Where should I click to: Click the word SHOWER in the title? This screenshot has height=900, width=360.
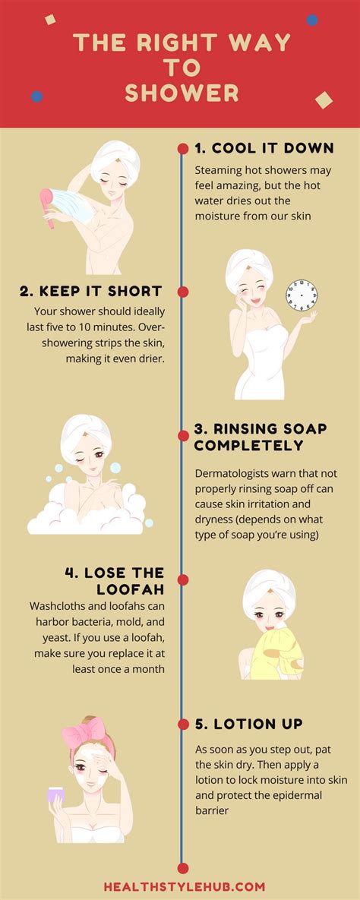(x=182, y=93)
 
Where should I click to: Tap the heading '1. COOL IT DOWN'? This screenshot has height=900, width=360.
(x=264, y=148)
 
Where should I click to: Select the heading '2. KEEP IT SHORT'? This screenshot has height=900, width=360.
(x=90, y=291)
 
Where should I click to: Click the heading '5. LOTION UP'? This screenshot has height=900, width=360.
(x=248, y=724)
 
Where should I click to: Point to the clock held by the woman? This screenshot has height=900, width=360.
(x=302, y=296)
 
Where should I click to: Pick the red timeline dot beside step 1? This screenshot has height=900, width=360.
(x=182, y=148)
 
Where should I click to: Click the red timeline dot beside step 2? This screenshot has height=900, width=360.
(x=182, y=292)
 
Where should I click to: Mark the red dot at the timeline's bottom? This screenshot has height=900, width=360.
(x=182, y=867)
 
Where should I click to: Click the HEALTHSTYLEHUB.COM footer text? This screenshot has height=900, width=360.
(x=185, y=886)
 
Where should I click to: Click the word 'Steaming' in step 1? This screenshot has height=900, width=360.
(x=220, y=171)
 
